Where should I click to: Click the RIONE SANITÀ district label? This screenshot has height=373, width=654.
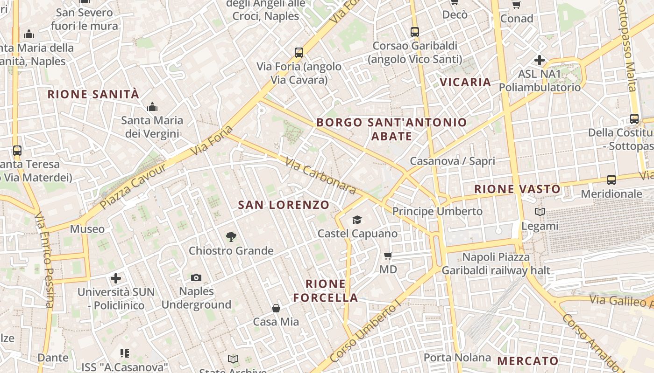click(x=93, y=95)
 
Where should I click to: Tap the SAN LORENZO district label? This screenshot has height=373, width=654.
click(x=284, y=205)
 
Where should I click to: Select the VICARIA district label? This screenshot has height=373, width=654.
click(x=465, y=83)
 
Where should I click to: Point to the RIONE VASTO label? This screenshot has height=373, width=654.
click(x=517, y=189)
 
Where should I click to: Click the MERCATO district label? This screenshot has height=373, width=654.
click(x=528, y=361)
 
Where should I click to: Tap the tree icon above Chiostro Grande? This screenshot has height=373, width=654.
click(x=231, y=237)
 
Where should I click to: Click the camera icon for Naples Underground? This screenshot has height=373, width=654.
click(x=196, y=277)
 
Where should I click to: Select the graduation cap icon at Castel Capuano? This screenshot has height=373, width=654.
click(x=357, y=220)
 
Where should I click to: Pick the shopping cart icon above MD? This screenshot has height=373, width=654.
click(x=388, y=256)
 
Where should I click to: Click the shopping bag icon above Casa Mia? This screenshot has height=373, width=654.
click(x=276, y=308)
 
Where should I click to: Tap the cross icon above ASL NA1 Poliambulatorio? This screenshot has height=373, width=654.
click(x=540, y=60)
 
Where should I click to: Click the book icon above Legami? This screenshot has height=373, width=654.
click(x=540, y=212)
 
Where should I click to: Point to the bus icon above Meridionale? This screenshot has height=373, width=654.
click(x=611, y=180)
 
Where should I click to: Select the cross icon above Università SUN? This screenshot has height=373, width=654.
click(x=116, y=278)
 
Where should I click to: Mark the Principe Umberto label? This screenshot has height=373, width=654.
click(x=437, y=211)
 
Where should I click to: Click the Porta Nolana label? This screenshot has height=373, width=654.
click(x=457, y=358)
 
